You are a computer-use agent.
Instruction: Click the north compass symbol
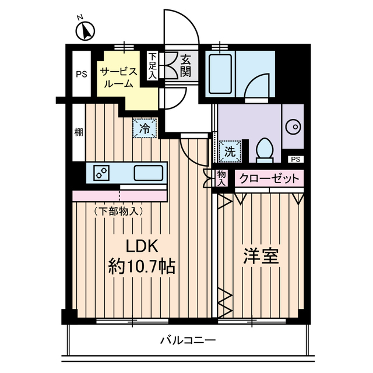(85, 31)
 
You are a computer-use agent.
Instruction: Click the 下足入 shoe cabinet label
(152, 65)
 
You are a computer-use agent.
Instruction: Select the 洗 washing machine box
(230, 150)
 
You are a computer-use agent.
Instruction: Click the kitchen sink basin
(148, 173)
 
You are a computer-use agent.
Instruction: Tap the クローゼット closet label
(270, 179)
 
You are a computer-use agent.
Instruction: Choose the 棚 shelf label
(78, 133)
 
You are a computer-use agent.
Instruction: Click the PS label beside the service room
(80, 75)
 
